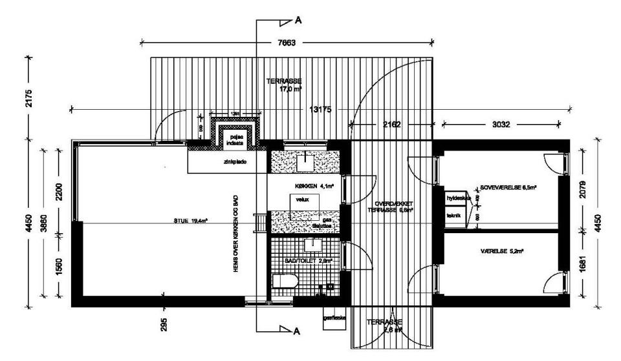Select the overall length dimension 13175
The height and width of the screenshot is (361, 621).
click(319, 109)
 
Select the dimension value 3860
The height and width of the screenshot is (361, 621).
click(44, 222)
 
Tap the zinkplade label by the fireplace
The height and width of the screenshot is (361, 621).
click(226, 163)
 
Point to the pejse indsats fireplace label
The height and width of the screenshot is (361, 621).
click(231, 141)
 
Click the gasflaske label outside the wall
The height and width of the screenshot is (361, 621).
click(334, 318)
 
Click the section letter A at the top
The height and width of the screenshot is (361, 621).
click(298, 19)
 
